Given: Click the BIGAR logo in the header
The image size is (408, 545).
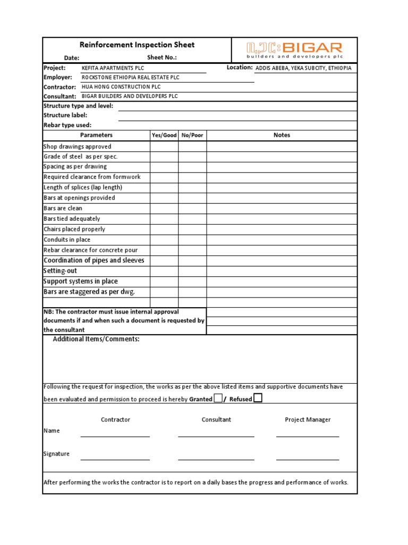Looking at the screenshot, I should pyautogui.click(x=294, y=50).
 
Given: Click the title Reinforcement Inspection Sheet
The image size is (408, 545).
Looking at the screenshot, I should pyautogui.click(x=137, y=45).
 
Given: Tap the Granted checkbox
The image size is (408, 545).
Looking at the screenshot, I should pyautogui.click(x=218, y=398).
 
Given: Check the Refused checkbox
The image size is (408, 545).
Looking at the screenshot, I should pyautogui.click(x=258, y=398).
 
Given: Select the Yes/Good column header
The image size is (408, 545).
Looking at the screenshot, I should pyautogui.click(x=164, y=135).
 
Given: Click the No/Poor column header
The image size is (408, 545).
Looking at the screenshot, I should pyautogui.click(x=192, y=135).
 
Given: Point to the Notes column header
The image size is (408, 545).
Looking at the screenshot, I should pyautogui.click(x=282, y=135).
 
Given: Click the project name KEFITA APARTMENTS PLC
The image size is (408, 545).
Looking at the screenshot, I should pyautogui.click(x=113, y=68).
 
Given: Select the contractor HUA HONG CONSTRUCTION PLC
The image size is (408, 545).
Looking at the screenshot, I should pyautogui.click(x=121, y=87).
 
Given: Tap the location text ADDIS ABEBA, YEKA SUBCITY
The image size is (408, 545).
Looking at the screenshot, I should pyautogui.click(x=303, y=68).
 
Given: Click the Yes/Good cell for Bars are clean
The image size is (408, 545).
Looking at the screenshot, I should pyautogui.click(x=164, y=208).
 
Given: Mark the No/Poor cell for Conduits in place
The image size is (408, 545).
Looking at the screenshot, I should pyautogui.click(x=192, y=240).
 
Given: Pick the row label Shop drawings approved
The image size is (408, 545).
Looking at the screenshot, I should pyautogui.click(x=78, y=146).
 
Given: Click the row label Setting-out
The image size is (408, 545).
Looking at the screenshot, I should pyautogui.click(x=60, y=271).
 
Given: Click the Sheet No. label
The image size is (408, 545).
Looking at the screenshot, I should pyautogui.click(x=161, y=58).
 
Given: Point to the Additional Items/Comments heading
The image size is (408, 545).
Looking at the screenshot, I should pyautogui.click(x=96, y=339).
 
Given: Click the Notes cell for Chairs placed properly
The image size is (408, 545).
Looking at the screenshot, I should pyautogui.click(x=282, y=229).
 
